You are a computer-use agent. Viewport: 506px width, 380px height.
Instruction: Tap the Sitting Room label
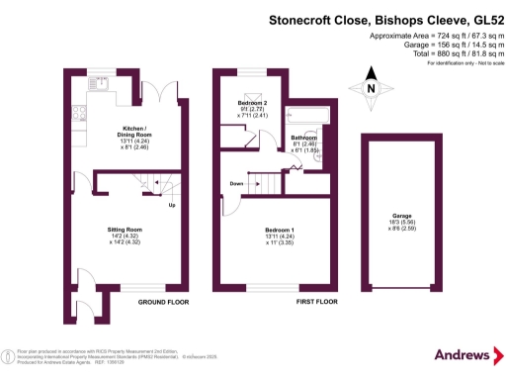(x=126, y=229)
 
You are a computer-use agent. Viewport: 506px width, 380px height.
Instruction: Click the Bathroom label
(x=304, y=138)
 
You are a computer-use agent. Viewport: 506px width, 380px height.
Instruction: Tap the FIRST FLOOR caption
(x=318, y=301)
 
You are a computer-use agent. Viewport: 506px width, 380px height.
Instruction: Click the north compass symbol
(x=372, y=87)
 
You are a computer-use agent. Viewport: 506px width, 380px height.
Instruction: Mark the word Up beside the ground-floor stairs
(x=171, y=205)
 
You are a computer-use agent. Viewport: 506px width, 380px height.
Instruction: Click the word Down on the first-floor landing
(x=237, y=184)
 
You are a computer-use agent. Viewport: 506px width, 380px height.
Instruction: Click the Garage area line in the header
(x=442, y=45)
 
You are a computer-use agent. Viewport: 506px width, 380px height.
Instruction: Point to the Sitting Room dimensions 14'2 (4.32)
(x=126, y=237)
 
